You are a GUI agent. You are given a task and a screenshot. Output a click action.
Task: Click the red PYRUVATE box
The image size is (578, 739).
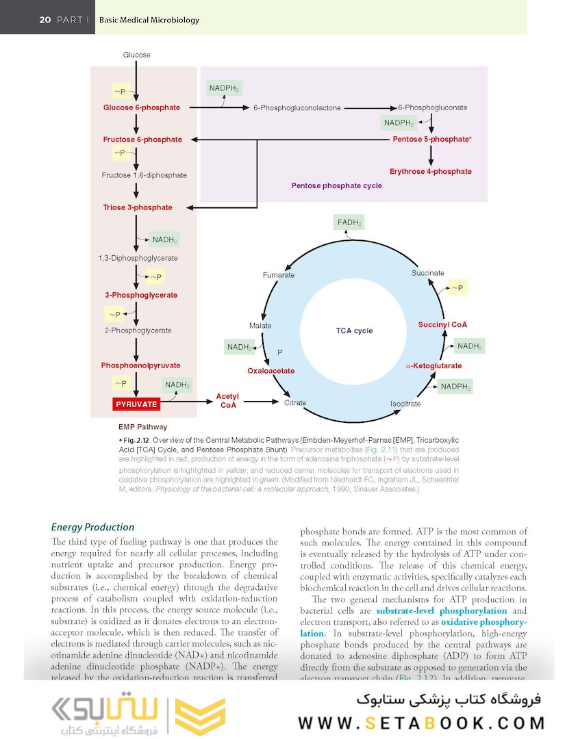[x=136, y=404]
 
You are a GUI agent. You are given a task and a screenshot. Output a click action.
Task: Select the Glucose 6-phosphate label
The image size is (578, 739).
[x=142, y=107]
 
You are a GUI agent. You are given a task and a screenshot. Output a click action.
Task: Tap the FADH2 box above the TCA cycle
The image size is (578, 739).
[x=349, y=222]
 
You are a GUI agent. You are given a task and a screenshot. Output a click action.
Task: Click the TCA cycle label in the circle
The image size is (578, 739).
[x=354, y=330]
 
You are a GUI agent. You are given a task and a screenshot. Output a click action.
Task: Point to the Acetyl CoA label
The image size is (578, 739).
[x=227, y=401]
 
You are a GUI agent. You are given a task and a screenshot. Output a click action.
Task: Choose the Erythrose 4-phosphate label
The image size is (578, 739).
[x=430, y=171]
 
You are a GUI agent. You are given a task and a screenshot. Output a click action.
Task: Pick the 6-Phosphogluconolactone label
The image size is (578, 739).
[x=297, y=108]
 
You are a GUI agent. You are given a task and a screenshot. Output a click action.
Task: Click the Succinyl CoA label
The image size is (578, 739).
[x=442, y=324]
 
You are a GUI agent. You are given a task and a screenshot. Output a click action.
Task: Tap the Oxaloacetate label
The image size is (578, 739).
[x=271, y=371]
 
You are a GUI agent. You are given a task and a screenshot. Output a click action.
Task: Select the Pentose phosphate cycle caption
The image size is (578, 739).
[x=336, y=185]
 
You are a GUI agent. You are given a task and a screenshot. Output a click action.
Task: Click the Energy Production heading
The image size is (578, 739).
[x=92, y=527]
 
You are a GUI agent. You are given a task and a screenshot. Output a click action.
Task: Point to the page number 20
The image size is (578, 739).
[x=45, y=20]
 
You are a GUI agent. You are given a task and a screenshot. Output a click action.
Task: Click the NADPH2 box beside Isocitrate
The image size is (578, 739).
[x=455, y=387]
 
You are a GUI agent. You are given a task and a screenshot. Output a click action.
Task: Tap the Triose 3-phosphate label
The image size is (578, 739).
[x=138, y=207]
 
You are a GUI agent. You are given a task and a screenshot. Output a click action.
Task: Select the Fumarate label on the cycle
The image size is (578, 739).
[x=279, y=275]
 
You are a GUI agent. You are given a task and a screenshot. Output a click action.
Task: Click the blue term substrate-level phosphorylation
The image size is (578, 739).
[x=442, y=610]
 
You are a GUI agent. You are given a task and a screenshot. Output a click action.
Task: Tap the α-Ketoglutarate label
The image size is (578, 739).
[x=433, y=365]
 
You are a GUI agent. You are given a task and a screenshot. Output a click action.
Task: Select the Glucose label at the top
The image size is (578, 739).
[x=137, y=55]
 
